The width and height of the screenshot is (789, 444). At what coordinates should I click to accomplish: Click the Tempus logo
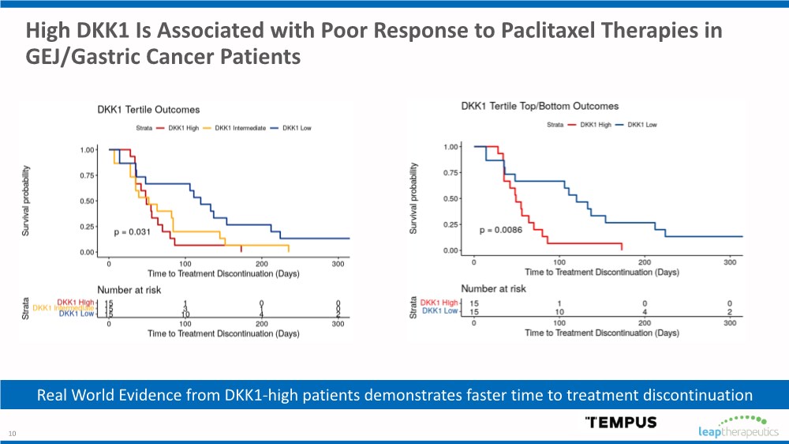click(620, 421)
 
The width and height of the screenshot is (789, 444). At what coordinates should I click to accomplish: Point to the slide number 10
click(12, 433)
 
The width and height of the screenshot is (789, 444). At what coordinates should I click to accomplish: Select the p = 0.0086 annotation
click(504, 230)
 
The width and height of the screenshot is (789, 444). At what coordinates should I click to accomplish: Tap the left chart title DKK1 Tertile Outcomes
click(148, 110)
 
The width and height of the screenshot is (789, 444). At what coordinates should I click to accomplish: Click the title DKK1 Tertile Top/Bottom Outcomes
click(540, 106)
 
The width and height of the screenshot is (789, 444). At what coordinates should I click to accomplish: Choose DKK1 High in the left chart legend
click(178, 128)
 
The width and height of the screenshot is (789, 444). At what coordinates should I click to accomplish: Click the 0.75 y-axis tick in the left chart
click(88, 175)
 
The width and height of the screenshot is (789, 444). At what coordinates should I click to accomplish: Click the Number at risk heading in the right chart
click(493, 289)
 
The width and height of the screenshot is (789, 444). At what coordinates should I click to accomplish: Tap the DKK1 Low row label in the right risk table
click(440, 310)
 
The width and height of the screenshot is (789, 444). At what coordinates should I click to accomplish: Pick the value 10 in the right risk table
click(559, 310)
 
